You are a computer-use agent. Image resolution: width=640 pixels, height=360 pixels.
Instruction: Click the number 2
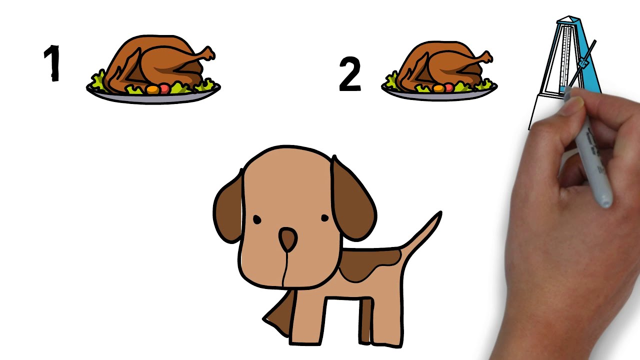tap(350, 74)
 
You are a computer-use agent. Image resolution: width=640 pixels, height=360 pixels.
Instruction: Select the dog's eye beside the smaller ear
tap(257, 219)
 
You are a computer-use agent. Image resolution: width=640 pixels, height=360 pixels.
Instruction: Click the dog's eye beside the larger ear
tap(325, 218)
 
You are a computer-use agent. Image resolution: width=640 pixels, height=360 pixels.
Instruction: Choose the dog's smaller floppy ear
tap(228, 208)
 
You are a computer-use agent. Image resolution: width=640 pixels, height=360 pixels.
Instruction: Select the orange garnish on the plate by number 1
tap(153, 89)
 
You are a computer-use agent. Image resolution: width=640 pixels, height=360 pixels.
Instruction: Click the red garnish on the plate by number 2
tap(448, 87)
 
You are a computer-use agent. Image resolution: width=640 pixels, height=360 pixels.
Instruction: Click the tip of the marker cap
tap(605, 203)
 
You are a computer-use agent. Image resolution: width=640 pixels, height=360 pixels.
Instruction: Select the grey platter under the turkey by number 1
tap(153, 97)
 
